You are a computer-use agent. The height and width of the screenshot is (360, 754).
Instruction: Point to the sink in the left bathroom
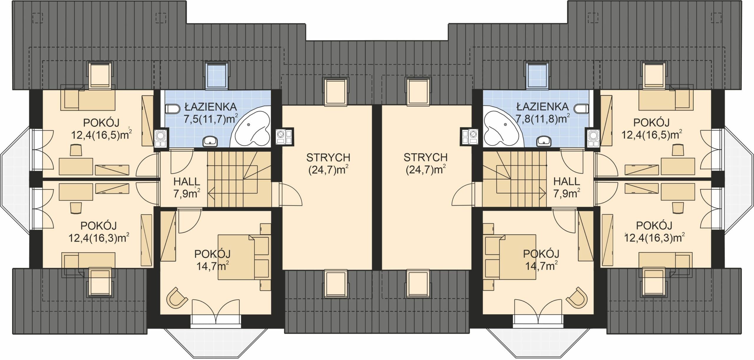(x=210, y=141)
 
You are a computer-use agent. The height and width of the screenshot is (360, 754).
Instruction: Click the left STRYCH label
(x=328, y=158)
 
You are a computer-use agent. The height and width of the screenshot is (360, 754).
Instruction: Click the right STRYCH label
(x=425, y=158)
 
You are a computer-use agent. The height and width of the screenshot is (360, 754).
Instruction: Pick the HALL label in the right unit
(x=567, y=181)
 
